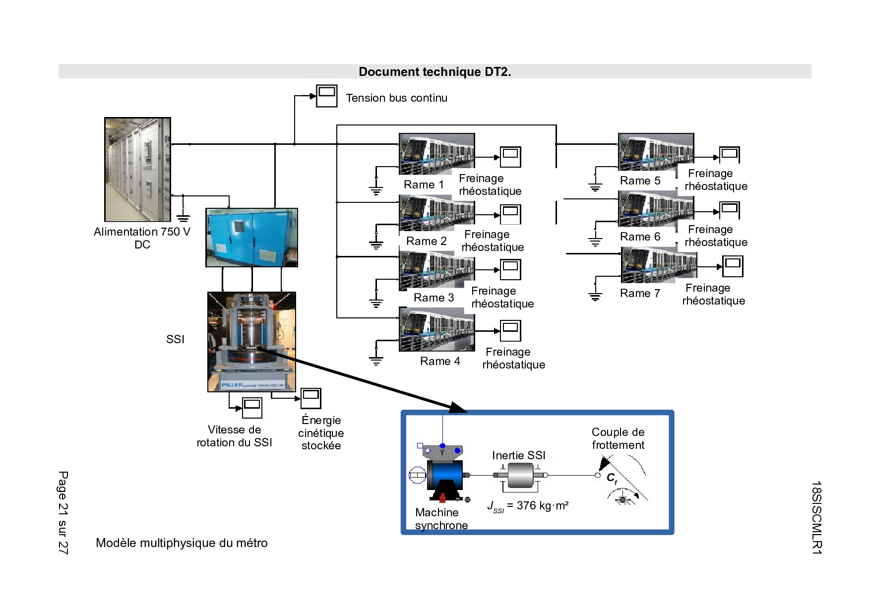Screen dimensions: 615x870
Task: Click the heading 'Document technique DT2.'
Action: pyautogui.click(x=435, y=72)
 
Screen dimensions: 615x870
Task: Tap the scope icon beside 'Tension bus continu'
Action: pyautogui.click(x=327, y=96)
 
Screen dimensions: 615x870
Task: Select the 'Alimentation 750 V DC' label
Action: pyautogui.click(x=142, y=238)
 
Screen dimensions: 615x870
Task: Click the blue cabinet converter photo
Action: pyautogui.click(x=251, y=238)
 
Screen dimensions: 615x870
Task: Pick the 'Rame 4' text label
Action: pyautogui.click(x=440, y=361)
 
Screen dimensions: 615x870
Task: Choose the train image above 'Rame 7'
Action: pyautogui.click(x=659, y=265)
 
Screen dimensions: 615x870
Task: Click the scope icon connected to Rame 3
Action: pyautogui.click(x=510, y=270)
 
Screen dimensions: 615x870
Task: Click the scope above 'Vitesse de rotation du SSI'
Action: pyautogui.click(x=252, y=408)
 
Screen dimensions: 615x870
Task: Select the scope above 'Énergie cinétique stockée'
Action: pyautogui.click(x=311, y=398)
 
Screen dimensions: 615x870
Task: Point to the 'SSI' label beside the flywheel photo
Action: pyautogui.click(x=175, y=339)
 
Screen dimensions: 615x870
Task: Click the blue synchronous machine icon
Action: pyautogui.click(x=444, y=475)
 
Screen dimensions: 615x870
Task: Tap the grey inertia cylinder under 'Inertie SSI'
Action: pyautogui.click(x=520, y=476)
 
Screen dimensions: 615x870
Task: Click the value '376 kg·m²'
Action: pyautogui.click(x=543, y=506)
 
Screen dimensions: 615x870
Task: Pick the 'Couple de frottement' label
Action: pyautogui.click(x=618, y=438)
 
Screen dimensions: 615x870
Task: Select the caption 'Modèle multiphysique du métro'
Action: pyautogui.click(x=182, y=543)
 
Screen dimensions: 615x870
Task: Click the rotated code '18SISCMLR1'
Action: pyautogui.click(x=816, y=517)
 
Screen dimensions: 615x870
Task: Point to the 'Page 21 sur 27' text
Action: pyautogui.click(x=63, y=512)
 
